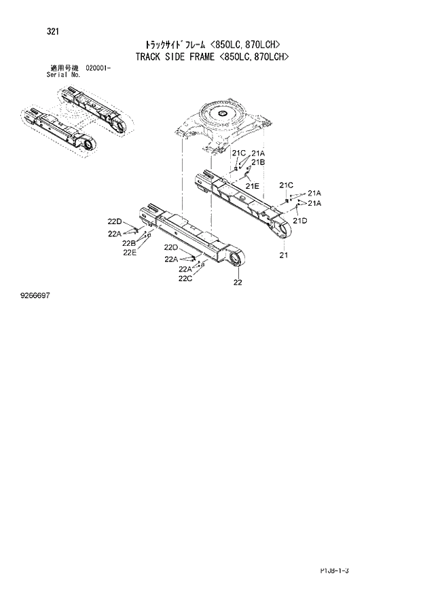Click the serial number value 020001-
point(99,69)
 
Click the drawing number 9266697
point(38,297)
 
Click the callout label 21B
point(257,162)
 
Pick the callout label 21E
point(253,185)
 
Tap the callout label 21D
point(299,221)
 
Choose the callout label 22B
point(129,243)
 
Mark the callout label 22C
point(185,278)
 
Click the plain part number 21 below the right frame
point(283,255)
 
